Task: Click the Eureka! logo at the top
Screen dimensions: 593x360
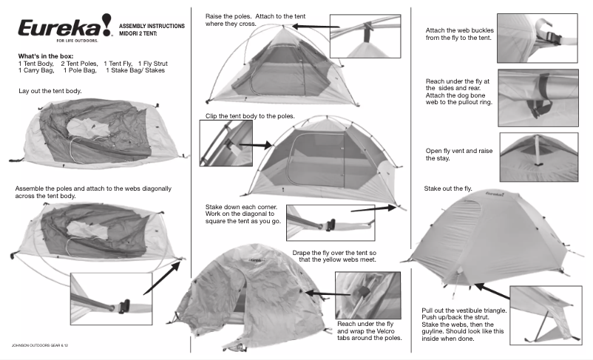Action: click(65, 27)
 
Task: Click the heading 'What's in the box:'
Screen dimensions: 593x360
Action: click(46, 56)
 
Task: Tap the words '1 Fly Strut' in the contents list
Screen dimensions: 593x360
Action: click(153, 64)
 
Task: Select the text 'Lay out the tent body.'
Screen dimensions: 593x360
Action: click(50, 91)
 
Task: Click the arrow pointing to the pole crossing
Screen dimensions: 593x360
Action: click(316, 27)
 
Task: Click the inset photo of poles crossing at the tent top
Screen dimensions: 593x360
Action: click(365, 36)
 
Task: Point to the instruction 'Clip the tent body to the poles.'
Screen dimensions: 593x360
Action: click(250, 116)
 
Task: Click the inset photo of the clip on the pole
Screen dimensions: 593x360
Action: click(226, 143)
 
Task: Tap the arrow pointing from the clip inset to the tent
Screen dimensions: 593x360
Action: click(255, 145)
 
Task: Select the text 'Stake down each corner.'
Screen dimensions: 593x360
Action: click(241, 207)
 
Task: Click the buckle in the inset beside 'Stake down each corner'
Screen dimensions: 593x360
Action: click(330, 225)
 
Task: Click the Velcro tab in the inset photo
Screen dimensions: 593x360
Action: click(362, 293)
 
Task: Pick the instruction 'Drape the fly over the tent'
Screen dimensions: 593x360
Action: click(329, 253)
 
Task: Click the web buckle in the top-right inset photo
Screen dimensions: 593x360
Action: click(553, 38)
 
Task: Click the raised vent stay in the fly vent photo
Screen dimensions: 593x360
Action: click(538, 150)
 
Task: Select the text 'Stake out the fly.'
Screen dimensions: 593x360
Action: click(448, 189)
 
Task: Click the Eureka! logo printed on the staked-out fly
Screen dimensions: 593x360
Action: click(495, 194)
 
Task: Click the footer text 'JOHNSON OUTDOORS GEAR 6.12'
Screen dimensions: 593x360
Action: click(40, 345)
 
